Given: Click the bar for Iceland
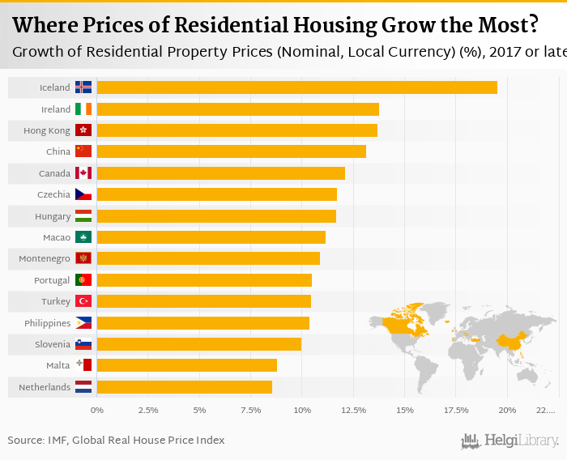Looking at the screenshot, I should click(296, 87).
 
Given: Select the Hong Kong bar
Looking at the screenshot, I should click(237, 130).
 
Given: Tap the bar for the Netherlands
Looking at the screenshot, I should click(184, 387).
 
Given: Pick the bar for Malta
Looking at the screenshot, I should click(186, 365).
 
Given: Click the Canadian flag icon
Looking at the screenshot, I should click(83, 173).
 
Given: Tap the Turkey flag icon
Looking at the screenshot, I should click(83, 301).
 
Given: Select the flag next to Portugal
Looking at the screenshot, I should click(83, 280).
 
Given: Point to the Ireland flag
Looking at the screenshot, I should click(83, 109).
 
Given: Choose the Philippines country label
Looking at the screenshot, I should click(48, 323).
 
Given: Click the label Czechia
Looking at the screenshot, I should click(54, 194).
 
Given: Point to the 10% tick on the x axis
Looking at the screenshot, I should click(302, 411).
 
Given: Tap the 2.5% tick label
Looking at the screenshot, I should click(148, 411).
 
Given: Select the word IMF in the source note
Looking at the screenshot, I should click(57, 441).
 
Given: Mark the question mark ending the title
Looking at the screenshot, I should click(531, 25).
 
